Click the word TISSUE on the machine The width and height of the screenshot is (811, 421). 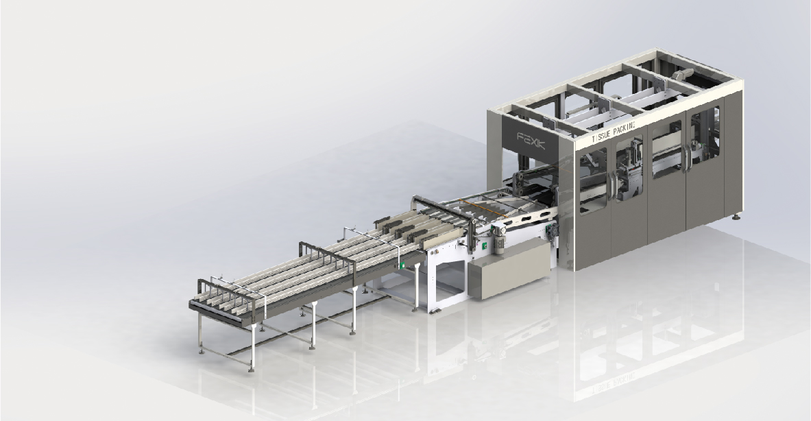(x=601, y=136)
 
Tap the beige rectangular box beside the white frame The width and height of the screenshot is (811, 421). (x=509, y=270)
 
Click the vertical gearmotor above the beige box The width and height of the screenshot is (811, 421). (x=500, y=239)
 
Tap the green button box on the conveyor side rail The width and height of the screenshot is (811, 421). (x=401, y=266)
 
